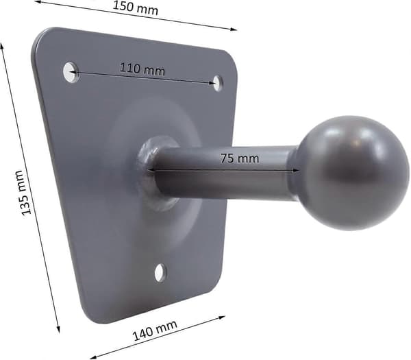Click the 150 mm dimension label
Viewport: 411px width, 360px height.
(136, 8)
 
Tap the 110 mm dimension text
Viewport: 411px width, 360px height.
(142, 69)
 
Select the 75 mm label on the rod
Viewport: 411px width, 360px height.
(239, 158)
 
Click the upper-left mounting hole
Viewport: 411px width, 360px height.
(71, 72)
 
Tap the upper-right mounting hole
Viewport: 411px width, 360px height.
(218, 83)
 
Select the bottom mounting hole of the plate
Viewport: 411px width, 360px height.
(160, 273)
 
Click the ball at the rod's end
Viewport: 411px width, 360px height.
(351, 173)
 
